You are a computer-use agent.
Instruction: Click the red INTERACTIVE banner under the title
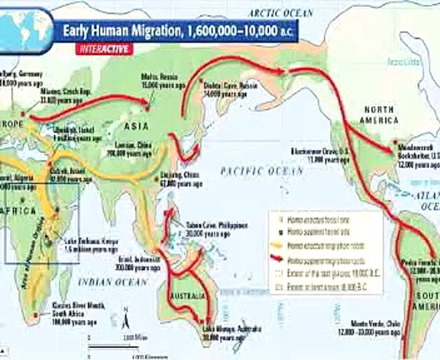(104, 49)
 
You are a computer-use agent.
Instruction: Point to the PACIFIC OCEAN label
(262, 171)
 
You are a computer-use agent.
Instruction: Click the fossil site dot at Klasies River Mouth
(36, 314)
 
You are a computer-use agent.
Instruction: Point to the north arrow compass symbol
(126, 317)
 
